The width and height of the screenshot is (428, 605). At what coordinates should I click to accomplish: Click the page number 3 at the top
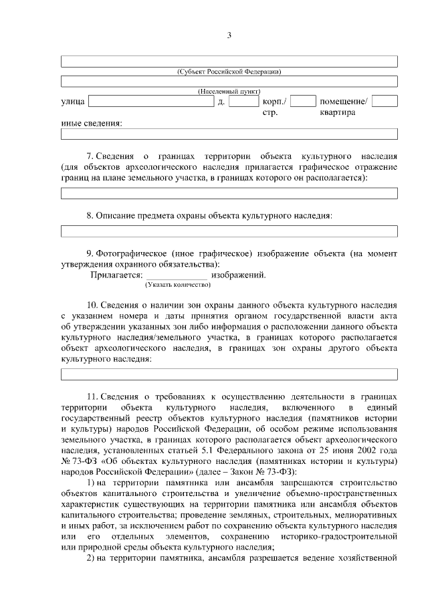229,35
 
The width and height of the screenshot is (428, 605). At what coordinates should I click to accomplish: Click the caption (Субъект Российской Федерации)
229,71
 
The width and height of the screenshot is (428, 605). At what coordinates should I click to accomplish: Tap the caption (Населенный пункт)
229,91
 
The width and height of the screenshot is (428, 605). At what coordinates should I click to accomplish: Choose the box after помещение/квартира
385,102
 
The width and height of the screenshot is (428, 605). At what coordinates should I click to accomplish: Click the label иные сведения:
92,123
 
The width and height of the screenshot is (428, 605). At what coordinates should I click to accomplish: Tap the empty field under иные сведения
229,134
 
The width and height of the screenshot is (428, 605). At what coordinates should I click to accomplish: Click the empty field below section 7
229,193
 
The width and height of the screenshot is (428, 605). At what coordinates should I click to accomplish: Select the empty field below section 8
229,231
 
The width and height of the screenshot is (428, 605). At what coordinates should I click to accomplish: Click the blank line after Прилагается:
177,275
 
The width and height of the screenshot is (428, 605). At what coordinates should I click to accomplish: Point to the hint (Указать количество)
177,285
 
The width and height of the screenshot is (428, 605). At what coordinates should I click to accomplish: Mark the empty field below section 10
229,374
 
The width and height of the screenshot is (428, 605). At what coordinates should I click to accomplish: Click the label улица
72,102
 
